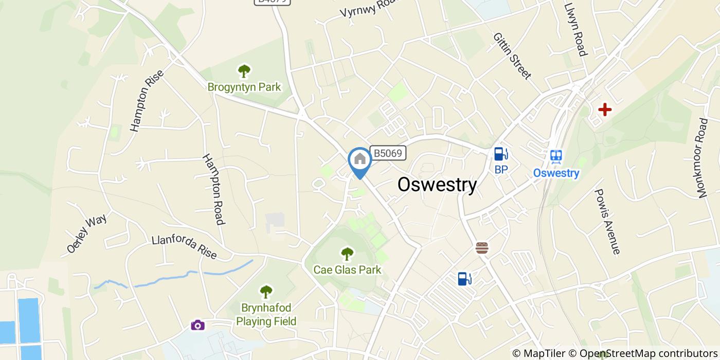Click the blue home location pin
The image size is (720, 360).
pos(360,160)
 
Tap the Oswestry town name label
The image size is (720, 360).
pos(437,185)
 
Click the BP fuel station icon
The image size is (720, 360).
pos(501,154)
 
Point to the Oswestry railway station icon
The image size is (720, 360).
pos(556,156)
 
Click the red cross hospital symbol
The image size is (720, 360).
pos(605,110)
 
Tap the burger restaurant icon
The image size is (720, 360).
pos(482,248)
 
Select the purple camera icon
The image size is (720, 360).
pos(198,325)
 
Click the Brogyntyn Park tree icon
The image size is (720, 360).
pos(244,71)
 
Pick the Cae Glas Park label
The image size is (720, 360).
pos(347,269)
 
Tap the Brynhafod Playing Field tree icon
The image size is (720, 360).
pos(266,292)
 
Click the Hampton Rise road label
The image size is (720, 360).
pos(147,101)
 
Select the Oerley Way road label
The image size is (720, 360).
pos(86,234)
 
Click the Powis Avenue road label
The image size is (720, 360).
pos(607,222)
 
